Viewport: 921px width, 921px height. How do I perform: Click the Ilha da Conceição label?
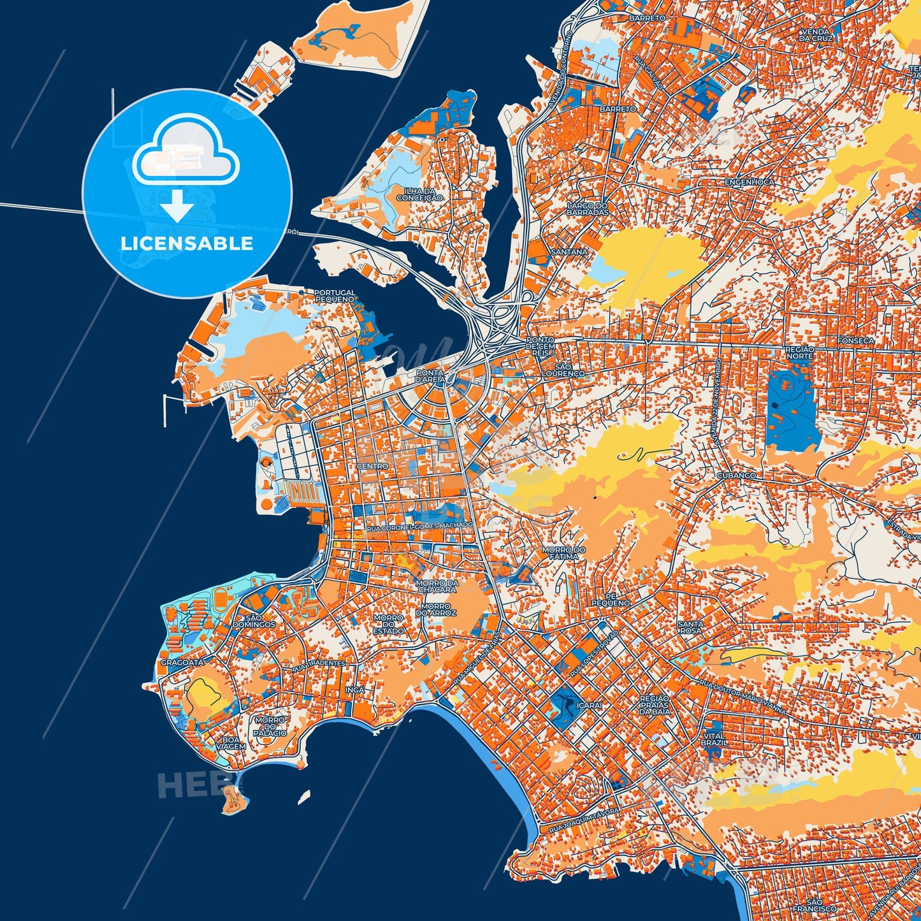[x=419, y=194]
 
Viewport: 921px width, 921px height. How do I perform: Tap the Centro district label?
[x=372, y=467]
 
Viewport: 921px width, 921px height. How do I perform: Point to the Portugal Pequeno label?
[x=335, y=296]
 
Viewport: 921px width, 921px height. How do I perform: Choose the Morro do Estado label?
[x=388, y=624]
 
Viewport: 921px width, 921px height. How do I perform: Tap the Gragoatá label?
[x=182, y=663]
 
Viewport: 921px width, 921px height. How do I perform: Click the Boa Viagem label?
[x=231, y=743]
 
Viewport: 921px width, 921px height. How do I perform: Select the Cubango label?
[x=736, y=475]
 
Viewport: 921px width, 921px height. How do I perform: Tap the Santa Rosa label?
[x=690, y=628]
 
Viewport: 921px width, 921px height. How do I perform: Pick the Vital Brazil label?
[x=713, y=739]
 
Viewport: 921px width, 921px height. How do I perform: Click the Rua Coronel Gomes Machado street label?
[x=420, y=526]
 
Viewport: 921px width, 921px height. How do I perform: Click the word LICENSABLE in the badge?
[x=187, y=243]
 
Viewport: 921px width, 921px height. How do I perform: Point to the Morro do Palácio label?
[x=270, y=727]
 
